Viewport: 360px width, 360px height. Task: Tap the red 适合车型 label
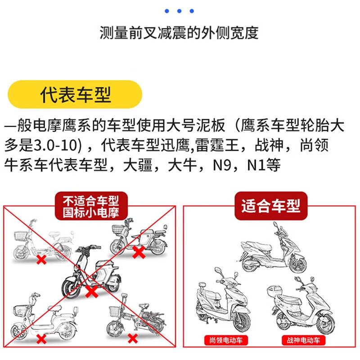pos(270,206)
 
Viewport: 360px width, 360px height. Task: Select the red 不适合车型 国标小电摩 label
pos(91,206)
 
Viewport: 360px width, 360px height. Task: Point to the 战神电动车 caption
pos(301,340)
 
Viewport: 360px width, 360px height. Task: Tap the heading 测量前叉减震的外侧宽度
pos(179,33)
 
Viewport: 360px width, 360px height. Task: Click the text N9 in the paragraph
pos(224,164)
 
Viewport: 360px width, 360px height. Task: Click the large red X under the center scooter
pos(92,292)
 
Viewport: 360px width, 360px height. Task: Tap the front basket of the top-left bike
pos(20,235)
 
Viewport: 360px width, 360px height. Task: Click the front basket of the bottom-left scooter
pos(20,310)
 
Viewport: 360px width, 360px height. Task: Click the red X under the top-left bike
pos(41,260)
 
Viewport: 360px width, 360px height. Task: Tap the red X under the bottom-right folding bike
pos(132,337)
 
